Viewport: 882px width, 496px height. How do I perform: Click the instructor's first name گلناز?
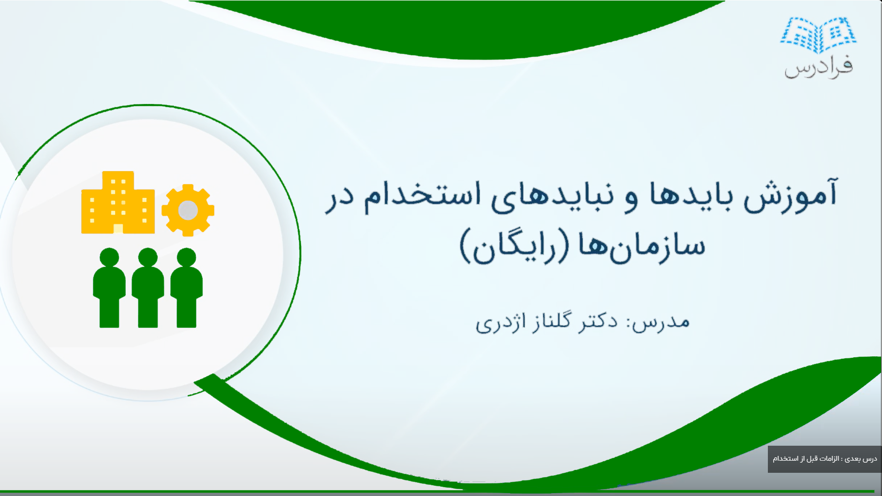(x=551, y=321)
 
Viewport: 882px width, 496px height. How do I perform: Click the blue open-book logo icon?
(x=818, y=35)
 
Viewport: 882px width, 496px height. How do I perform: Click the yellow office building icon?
(x=118, y=204)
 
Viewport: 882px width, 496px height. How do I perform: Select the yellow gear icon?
(x=188, y=210)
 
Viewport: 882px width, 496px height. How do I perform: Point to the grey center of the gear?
(x=188, y=210)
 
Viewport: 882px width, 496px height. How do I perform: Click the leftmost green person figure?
(x=109, y=288)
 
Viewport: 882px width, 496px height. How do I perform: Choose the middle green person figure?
(x=148, y=288)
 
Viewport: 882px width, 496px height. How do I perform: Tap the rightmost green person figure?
(x=187, y=288)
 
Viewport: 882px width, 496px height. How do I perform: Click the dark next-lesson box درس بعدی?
(x=824, y=459)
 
